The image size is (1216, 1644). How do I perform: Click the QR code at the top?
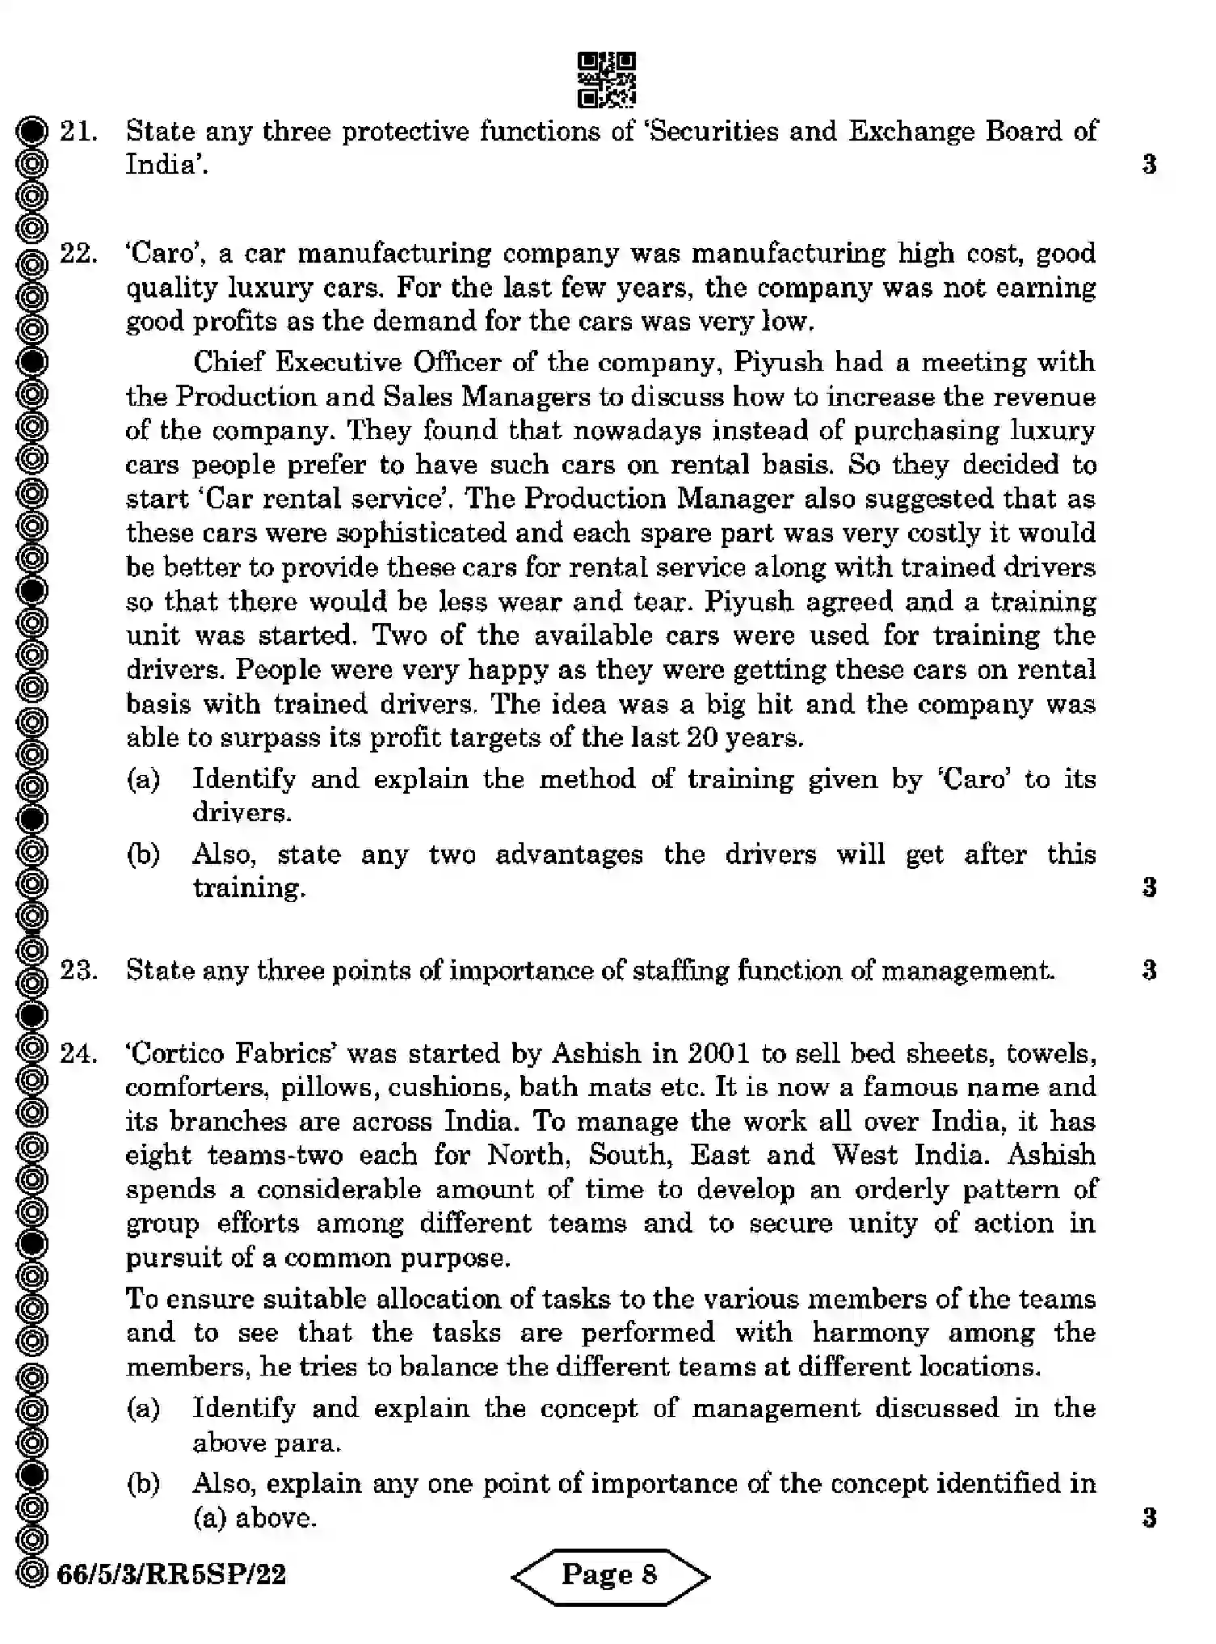pyautogui.click(x=607, y=80)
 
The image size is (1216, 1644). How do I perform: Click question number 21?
pyautogui.click(x=78, y=131)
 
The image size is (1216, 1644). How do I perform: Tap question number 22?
pyautogui.click(x=78, y=254)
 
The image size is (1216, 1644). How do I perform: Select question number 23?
pyautogui.click(x=78, y=969)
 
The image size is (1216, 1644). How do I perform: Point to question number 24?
pyautogui.click(x=78, y=1053)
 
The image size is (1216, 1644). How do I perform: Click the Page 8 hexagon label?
pyautogui.click(x=610, y=1574)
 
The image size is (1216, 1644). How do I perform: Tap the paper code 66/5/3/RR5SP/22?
pyautogui.click(x=172, y=1574)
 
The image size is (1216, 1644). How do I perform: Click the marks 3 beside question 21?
pyautogui.click(x=1149, y=165)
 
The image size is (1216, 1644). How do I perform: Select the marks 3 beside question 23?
pyautogui.click(x=1149, y=969)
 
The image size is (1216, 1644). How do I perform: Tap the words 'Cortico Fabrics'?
pyautogui.click(x=232, y=1053)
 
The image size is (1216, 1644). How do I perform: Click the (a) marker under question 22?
pyautogui.click(x=144, y=779)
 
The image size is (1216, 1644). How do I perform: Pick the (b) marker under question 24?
pyautogui.click(x=144, y=1483)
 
